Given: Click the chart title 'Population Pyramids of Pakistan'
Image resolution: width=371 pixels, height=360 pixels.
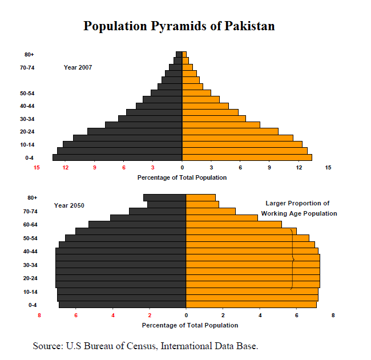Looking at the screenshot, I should tap(179, 26).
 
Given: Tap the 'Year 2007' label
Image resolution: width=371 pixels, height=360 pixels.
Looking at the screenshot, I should tap(78, 67).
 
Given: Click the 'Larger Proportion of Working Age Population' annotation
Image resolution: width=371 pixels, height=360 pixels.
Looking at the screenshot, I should tap(299, 208).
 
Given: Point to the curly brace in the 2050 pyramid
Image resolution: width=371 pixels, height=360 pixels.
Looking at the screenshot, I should tap(292, 260).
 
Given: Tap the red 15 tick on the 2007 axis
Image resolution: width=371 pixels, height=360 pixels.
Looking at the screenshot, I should tap(37, 168).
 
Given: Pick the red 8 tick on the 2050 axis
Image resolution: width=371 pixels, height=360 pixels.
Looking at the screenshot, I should tap(39, 315).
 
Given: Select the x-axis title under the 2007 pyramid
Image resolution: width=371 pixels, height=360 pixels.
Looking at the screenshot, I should tap(182, 177).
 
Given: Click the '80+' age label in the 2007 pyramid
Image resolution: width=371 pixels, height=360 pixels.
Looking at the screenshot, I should tap(29, 55).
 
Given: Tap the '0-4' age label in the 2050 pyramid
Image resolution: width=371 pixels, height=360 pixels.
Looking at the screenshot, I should tap(33, 305).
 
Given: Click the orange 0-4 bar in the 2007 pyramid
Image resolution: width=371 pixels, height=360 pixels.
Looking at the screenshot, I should tap(247, 157).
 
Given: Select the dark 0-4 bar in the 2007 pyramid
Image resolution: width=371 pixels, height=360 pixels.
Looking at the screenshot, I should tap(117, 157).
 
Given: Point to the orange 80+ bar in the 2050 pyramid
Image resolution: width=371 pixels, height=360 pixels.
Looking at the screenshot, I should tap(201, 197).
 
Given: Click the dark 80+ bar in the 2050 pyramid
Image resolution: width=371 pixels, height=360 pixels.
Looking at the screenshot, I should tap(164, 197).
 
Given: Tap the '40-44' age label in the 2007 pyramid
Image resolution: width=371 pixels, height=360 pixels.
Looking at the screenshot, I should tap(27, 106).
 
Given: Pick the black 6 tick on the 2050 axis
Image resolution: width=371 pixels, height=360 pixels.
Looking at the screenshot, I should tap(297, 315).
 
